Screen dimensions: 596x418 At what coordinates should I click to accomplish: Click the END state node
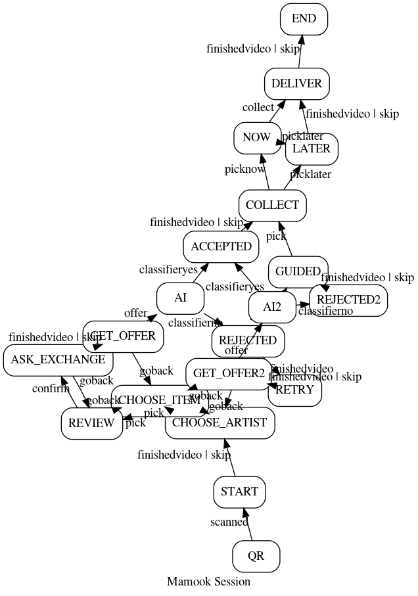coord(304,19)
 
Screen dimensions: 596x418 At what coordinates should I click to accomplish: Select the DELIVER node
coord(296,84)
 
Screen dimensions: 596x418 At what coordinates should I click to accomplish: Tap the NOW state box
coord(256,137)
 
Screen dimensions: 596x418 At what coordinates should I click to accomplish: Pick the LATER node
coord(312,149)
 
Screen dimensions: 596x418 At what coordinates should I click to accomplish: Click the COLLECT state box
coord(272,206)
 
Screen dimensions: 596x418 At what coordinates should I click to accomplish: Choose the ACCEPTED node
coord(221,247)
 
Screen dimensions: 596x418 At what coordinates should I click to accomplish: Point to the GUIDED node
coord(298,271)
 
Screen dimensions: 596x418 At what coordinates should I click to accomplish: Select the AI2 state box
coord(272,308)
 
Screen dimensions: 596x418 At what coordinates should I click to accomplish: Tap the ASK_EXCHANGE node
coord(58,360)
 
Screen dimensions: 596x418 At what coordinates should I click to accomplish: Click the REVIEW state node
coord(91,423)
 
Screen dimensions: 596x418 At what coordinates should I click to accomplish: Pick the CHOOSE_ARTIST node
coord(220,423)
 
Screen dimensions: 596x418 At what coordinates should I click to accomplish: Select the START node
coord(239,492)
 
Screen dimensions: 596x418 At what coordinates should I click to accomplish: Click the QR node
coord(256,557)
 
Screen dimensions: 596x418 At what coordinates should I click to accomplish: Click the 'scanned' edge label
coord(229,522)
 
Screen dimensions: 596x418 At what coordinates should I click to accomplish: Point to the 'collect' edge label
coord(258,108)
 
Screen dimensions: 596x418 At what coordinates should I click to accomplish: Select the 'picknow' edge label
coord(244,170)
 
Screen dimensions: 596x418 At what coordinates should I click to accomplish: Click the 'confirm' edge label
coord(51,389)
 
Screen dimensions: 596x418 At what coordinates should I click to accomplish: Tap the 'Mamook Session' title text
coord(208,582)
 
